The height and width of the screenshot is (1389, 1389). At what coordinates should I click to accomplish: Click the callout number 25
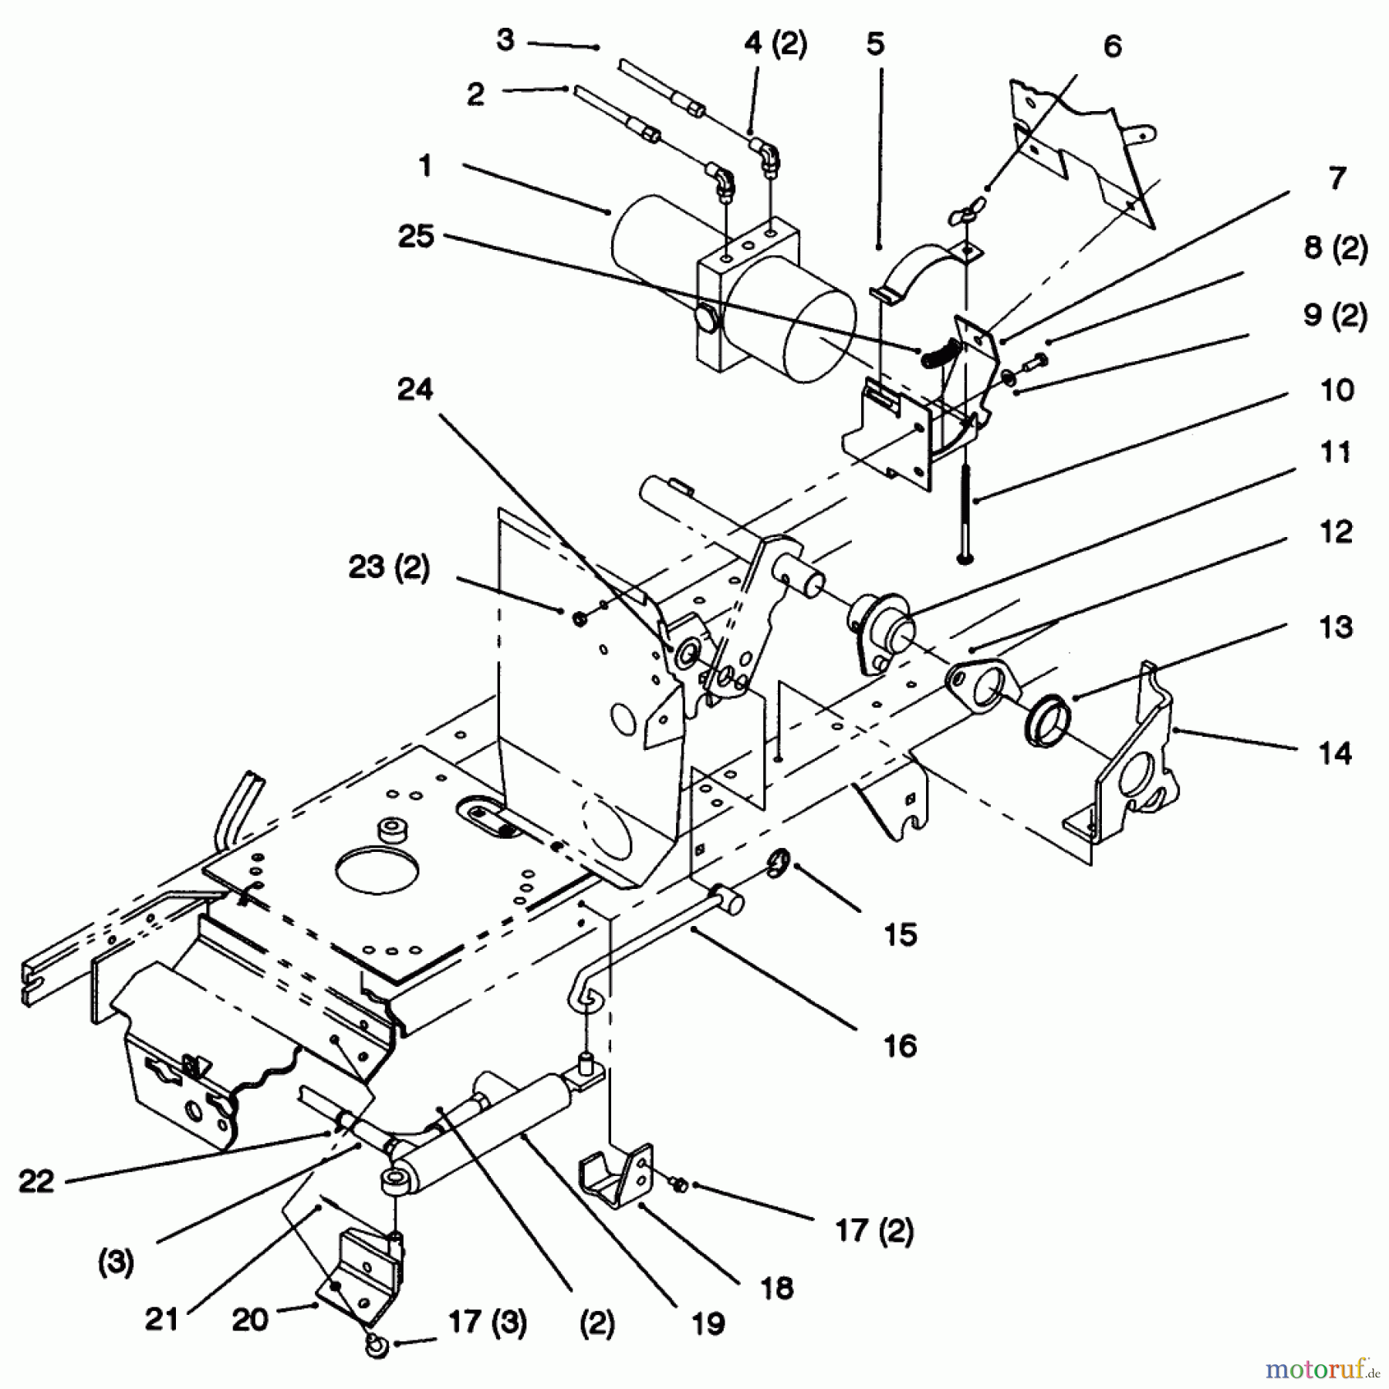416,236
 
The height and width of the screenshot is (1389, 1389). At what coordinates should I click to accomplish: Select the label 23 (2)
389,568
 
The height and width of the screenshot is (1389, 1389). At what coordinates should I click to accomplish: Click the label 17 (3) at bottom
487,1323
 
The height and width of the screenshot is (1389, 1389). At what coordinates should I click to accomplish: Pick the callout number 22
36,1181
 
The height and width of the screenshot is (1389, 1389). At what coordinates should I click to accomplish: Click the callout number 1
425,165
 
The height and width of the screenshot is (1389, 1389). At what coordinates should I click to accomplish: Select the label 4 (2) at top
775,44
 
